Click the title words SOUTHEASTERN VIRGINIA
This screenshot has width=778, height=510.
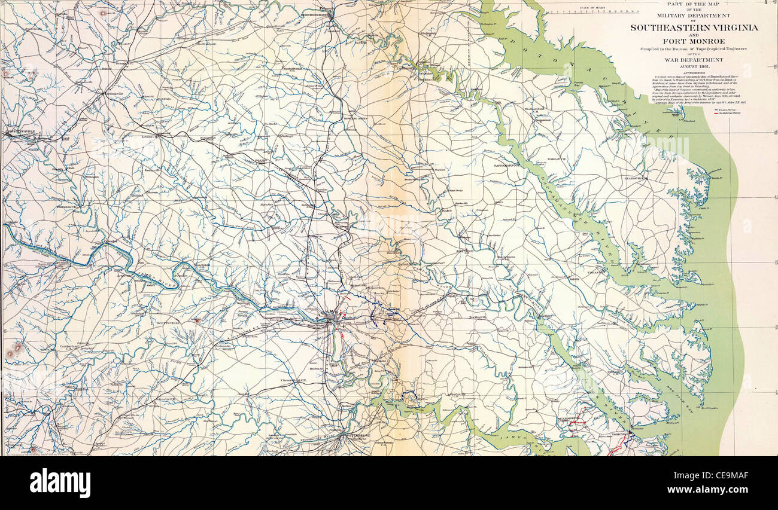(x=694, y=28)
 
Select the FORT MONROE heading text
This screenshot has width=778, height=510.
(x=694, y=41)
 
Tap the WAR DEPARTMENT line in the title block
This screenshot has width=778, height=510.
(x=694, y=60)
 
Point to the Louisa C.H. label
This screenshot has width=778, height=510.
(x=149, y=136)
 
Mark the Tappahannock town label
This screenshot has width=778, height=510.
(x=505, y=162)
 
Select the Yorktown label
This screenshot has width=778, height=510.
(x=621, y=433)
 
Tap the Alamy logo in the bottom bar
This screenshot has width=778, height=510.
(x=60, y=483)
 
